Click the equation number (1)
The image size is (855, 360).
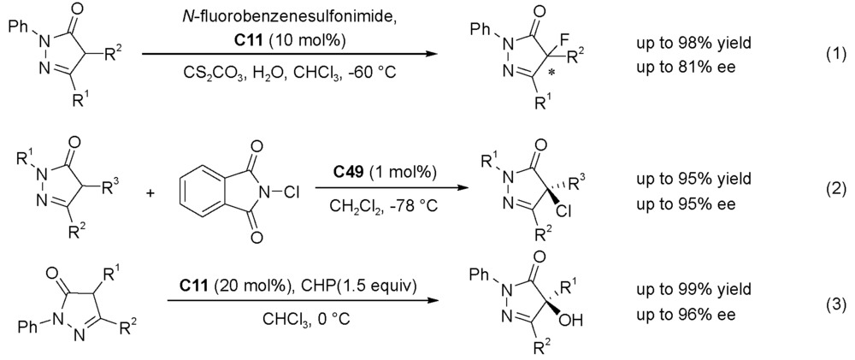pyautogui.click(x=834, y=54)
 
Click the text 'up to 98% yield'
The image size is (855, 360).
pyautogui.click(x=685, y=43)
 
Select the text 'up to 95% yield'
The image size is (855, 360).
pyautogui.click(x=685, y=179)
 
